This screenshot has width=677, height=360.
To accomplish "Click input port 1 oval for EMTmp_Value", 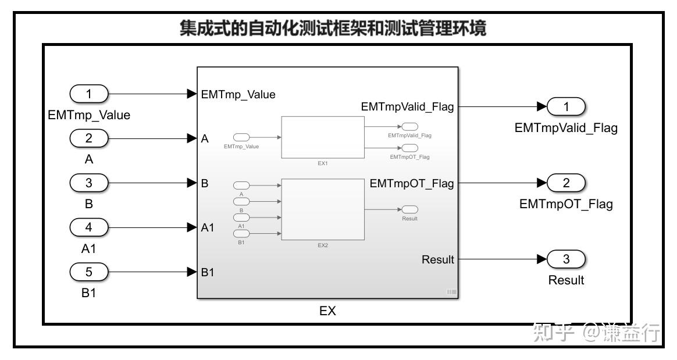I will click(x=89, y=94).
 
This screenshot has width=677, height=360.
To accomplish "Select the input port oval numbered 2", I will click(x=89, y=138).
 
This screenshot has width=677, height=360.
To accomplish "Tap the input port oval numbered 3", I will click(x=89, y=183).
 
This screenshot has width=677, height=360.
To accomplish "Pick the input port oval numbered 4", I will click(x=89, y=227).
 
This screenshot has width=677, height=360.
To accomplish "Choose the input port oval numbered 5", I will click(x=89, y=271).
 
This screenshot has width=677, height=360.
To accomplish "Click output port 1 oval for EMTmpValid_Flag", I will click(x=565, y=106).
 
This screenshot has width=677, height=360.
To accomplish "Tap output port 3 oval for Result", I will click(x=565, y=259).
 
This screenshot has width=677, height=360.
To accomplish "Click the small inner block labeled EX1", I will click(x=323, y=137).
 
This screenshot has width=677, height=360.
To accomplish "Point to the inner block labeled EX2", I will click(x=323, y=209).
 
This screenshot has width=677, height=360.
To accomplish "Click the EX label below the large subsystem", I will click(x=327, y=311).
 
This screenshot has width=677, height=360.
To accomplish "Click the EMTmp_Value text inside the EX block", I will click(x=238, y=94).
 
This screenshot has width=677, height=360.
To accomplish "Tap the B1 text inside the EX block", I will click(x=208, y=272).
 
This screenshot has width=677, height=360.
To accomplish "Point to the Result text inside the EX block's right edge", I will click(x=437, y=259).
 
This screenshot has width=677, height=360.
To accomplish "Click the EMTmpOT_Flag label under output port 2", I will click(x=565, y=205).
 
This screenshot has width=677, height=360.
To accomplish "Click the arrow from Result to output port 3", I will click(x=500, y=259).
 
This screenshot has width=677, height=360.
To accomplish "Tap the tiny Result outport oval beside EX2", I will click(x=410, y=209).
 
